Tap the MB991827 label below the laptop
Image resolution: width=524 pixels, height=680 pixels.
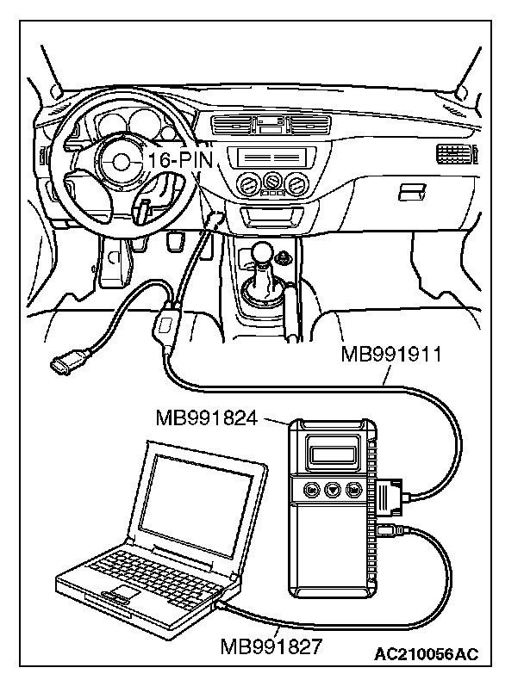click(271, 646)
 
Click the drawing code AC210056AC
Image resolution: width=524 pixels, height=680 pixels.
click(426, 655)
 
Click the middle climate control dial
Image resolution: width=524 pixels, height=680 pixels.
click(274, 182)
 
